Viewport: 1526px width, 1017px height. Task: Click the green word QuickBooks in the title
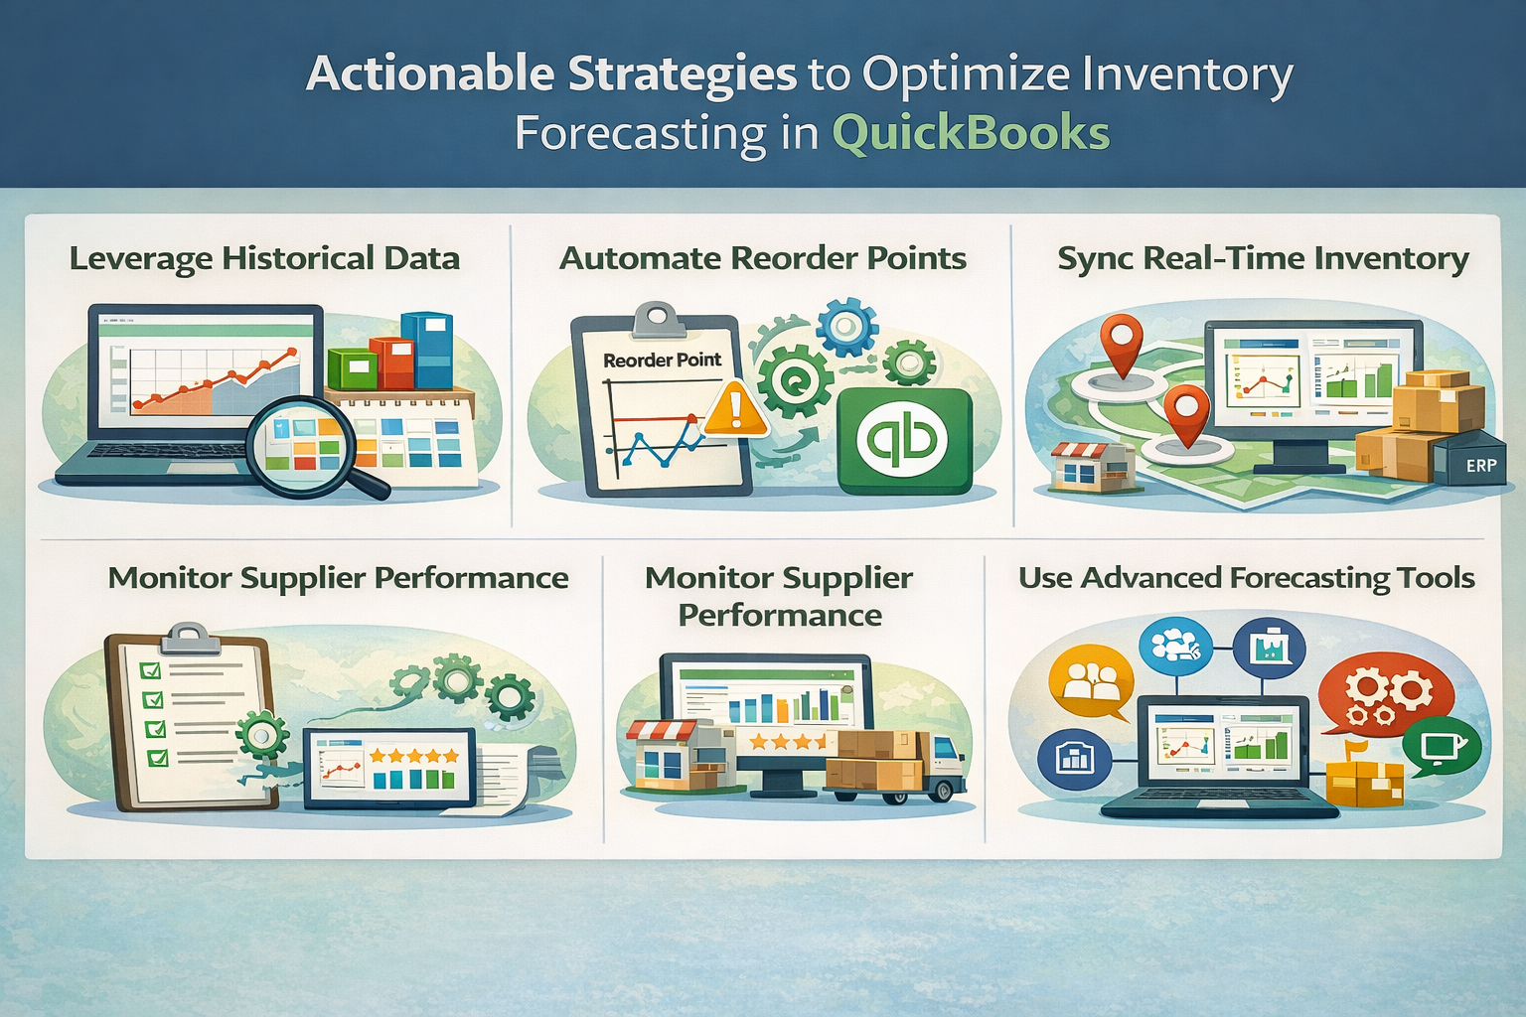(x=970, y=134)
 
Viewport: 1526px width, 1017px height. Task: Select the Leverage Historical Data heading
(x=264, y=258)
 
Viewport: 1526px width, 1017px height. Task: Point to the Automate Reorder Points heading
(x=762, y=258)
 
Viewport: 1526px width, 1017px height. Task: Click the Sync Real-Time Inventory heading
(x=1263, y=258)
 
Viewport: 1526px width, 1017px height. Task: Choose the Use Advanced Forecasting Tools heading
(x=1246, y=578)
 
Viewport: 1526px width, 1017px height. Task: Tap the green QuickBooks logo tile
(x=904, y=440)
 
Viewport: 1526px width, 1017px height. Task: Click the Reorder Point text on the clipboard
(x=662, y=360)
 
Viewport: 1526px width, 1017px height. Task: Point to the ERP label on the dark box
(x=1480, y=465)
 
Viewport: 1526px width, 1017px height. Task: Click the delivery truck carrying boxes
(x=894, y=765)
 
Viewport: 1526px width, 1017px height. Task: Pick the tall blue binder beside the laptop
(x=433, y=350)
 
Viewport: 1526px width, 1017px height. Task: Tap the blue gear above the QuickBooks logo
(x=846, y=326)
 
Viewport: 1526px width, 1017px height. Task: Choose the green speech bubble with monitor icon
(x=1440, y=746)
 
